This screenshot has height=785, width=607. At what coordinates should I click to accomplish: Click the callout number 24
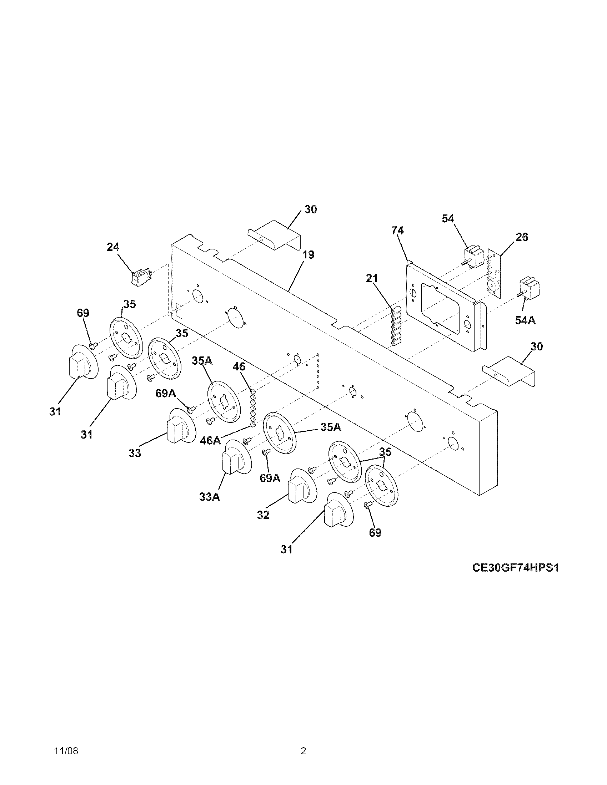pos(113,247)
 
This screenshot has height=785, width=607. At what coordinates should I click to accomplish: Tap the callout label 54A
pos(525,320)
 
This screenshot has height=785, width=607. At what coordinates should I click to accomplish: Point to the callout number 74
pos(398,230)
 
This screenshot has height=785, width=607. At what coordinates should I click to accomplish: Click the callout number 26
pos(522,237)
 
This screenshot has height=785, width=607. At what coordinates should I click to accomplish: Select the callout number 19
pos(308,255)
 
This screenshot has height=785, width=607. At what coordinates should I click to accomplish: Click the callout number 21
pos(372,278)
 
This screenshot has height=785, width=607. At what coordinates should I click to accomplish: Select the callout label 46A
pos(210,440)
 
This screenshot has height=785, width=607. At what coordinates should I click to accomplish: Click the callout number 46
pos(239,366)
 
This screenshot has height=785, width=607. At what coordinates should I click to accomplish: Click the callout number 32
pos(263,515)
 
